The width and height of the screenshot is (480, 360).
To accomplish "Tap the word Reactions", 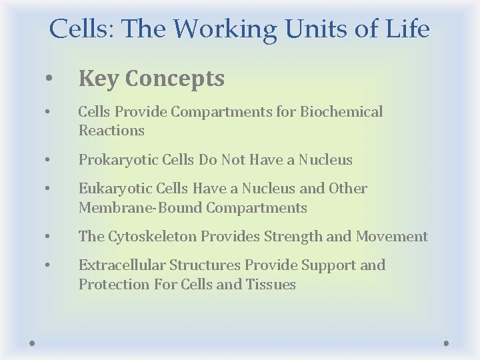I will pos(111,131).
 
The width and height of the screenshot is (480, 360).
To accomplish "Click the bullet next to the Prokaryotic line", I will pos(48,160).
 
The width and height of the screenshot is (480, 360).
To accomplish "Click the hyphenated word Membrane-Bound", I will pos(141,208).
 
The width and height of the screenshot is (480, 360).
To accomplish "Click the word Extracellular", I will pos(121,265).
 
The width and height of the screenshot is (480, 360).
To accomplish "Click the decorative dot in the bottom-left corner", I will pos(32,343).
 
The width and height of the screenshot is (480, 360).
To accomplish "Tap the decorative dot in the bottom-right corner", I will pos(447,343).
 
